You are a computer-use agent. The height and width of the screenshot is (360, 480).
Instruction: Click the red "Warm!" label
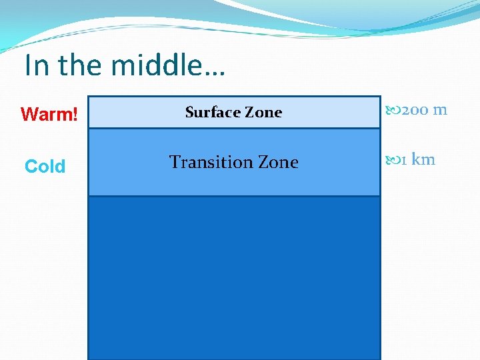[x=49, y=115]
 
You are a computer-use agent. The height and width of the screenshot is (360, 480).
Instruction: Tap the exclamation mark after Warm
[x=76, y=115]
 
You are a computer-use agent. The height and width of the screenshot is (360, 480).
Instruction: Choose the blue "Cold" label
[x=45, y=167]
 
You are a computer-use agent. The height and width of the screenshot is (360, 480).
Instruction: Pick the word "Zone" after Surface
[x=265, y=112]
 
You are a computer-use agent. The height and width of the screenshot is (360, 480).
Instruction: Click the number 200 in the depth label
[x=415, y=110]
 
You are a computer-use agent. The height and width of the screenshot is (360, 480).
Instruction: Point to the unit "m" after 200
[x=440, y=110]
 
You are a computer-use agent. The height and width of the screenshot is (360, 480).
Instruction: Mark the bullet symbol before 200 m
[x=393, y=110]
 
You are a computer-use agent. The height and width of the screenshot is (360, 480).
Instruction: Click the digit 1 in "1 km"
[x=404, y=159]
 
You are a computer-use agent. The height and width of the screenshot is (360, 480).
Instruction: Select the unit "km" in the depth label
[x=423, y=159]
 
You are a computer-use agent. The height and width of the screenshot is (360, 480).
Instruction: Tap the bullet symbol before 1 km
[x=393, y=159]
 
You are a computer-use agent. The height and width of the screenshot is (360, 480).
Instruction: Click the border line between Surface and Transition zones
[x=234, y=128]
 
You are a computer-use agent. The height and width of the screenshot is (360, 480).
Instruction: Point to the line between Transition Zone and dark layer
[x=234, y=196]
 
